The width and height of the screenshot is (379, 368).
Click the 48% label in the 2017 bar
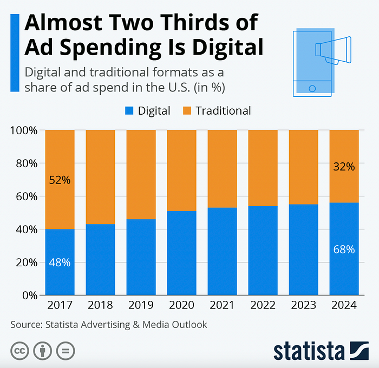pyautogui.click(x=60, y=262)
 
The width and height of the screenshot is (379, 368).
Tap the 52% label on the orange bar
pyautogui.click(x=60, y=180)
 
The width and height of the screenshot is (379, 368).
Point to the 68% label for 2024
pyautogui.click(x=344, y=249)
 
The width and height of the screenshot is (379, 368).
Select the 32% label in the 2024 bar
pyautogui.click(x=344, y=167)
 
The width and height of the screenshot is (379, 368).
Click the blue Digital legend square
pyautogui.click(x=129, y=111)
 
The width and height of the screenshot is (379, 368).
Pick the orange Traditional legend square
pyautogui.click(x=187, y=111)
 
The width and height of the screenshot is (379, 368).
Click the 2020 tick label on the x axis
pyautogui.click(x=181, y=305)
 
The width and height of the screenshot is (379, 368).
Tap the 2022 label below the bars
pyautogui.click(x=263, y=305)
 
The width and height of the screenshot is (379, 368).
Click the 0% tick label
pyautogui.click(x=29, y=295)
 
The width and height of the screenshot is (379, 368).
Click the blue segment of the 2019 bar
pyautogui.click(x=141, y=257)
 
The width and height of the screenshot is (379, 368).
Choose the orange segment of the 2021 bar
pyautogui.click(x=222, y=168)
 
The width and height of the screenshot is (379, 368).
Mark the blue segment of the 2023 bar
pyautogui.click(x=303, y=249)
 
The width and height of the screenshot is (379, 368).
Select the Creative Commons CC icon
pyautogui.click(x=19, y=350)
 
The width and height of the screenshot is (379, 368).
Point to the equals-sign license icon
pyautogui.click(x=66, y=350)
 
